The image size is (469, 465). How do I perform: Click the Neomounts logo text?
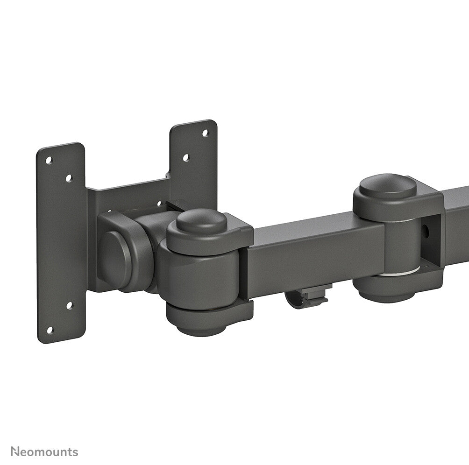point(45,451)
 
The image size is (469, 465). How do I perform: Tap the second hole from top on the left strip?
point(69,178)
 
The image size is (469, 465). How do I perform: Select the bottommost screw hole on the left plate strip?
point(50,330)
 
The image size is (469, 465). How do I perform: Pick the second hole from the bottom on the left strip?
point(69,306)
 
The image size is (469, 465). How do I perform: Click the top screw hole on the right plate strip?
point(205,133)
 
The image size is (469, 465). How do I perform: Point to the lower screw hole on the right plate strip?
point(185,158)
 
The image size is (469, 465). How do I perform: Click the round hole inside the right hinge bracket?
point(425,230)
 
